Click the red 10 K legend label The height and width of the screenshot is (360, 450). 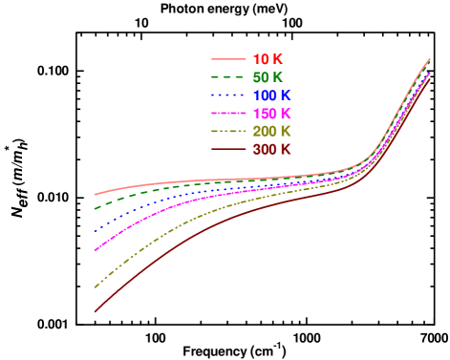click(x=268, y=59)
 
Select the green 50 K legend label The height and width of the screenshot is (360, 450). click(x=268, y=77)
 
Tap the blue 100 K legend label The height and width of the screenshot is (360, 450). click(x=271, y=95)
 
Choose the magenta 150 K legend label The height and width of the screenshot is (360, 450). click(x=271, y=114)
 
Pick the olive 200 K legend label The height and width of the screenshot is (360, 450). click(x=271, y=132)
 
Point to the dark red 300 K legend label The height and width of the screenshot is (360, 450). click(x=271, y=150)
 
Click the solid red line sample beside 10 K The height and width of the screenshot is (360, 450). click(x=227, y=59)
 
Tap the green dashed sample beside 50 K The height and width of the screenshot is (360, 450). click(x=227, y=77)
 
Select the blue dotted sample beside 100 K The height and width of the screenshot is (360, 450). click(x=227, y=95)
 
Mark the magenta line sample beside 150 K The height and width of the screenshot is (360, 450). click(x=227, y=114)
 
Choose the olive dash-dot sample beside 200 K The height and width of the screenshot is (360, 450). click(x=227, y=132)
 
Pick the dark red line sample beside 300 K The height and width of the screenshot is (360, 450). click(x=227, y=150)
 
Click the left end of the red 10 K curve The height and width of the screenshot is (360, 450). click(x=95, y=195)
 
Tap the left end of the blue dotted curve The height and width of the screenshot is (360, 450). click(x=95, y=232)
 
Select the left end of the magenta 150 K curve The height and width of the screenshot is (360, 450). click(x=95, y=251)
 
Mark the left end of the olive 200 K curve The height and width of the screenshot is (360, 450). click(x=95, y=287)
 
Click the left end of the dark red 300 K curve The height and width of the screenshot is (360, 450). click(x=95, y=311)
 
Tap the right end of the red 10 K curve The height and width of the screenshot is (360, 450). click(x=430, y=59)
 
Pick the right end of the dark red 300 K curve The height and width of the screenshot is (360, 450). click(x=430, y=78)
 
